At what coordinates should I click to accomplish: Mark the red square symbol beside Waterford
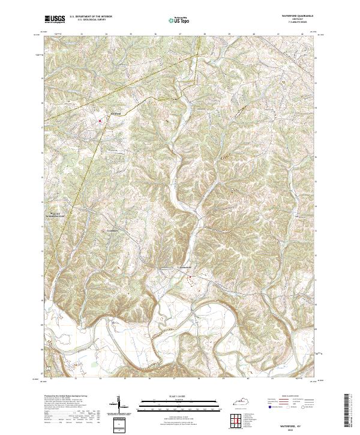100,119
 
